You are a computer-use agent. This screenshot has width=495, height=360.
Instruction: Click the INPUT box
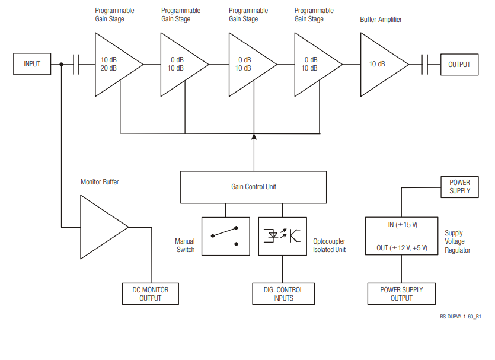click(x=32, y=64)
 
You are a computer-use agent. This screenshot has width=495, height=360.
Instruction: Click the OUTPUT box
click(x=459, y=65)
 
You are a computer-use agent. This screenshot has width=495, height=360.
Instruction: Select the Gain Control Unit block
click(x=253, y=187)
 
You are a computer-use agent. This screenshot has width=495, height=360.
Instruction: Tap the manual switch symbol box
click(x=225, y=236)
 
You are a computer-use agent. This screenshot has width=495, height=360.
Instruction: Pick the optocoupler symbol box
click(x=282, y=236)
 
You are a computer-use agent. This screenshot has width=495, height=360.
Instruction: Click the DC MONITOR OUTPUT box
click(x=150, y=294)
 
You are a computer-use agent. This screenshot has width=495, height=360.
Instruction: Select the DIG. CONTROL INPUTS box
click(x=283, y=294)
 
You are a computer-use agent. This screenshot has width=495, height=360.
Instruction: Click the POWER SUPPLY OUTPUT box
click(x=401, y=294)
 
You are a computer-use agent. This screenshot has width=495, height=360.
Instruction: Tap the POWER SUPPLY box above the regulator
click(x=459, y=187)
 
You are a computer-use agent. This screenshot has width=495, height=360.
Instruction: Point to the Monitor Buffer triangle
click(x=101, y=227)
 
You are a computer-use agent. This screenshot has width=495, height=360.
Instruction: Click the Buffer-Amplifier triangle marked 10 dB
click(x=380, y=64)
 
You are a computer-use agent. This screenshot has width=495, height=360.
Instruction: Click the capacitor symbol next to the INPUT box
click(x=76, y=64)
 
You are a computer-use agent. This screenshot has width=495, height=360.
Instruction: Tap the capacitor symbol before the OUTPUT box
click(x=425, y=64)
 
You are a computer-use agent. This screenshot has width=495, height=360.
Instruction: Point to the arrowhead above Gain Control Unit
click(x=254, y=138)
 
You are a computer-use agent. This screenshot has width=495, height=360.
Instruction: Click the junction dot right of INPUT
click(x=62, y=64)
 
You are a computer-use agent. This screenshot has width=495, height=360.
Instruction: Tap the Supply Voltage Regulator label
click(x=457, y=242)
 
